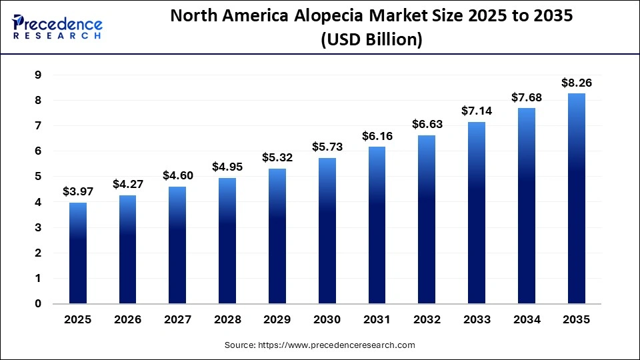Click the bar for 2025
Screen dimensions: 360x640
click(78, 253)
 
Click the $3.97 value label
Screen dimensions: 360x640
click(78, 192)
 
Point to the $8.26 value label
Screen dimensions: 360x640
click(577, 83)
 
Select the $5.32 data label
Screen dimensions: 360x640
click(277, 158)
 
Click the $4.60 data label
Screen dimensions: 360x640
click(178, 176)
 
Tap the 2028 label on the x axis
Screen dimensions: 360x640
click(227, 320)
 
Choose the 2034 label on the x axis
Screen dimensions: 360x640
click(527, 320)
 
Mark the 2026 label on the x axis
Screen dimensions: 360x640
click(128, 320)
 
